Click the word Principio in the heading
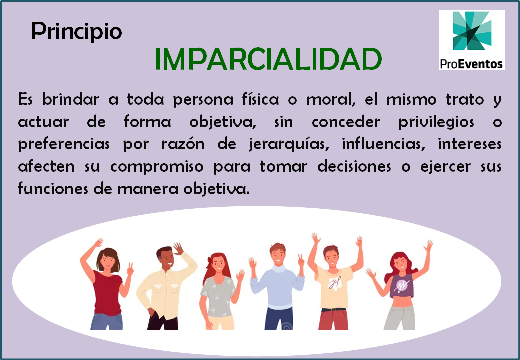pos(77,32)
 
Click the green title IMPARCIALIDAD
pos(268,59)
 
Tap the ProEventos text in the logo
pos(471,63)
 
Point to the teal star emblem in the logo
pos(472,30)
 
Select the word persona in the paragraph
pos(203,99)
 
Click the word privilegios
pos(436,122)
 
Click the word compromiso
pos(157,167)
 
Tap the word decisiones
pos(354,166)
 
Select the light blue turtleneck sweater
pos(277,287)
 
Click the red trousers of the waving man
pos(333,320)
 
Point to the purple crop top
pos(402,285)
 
